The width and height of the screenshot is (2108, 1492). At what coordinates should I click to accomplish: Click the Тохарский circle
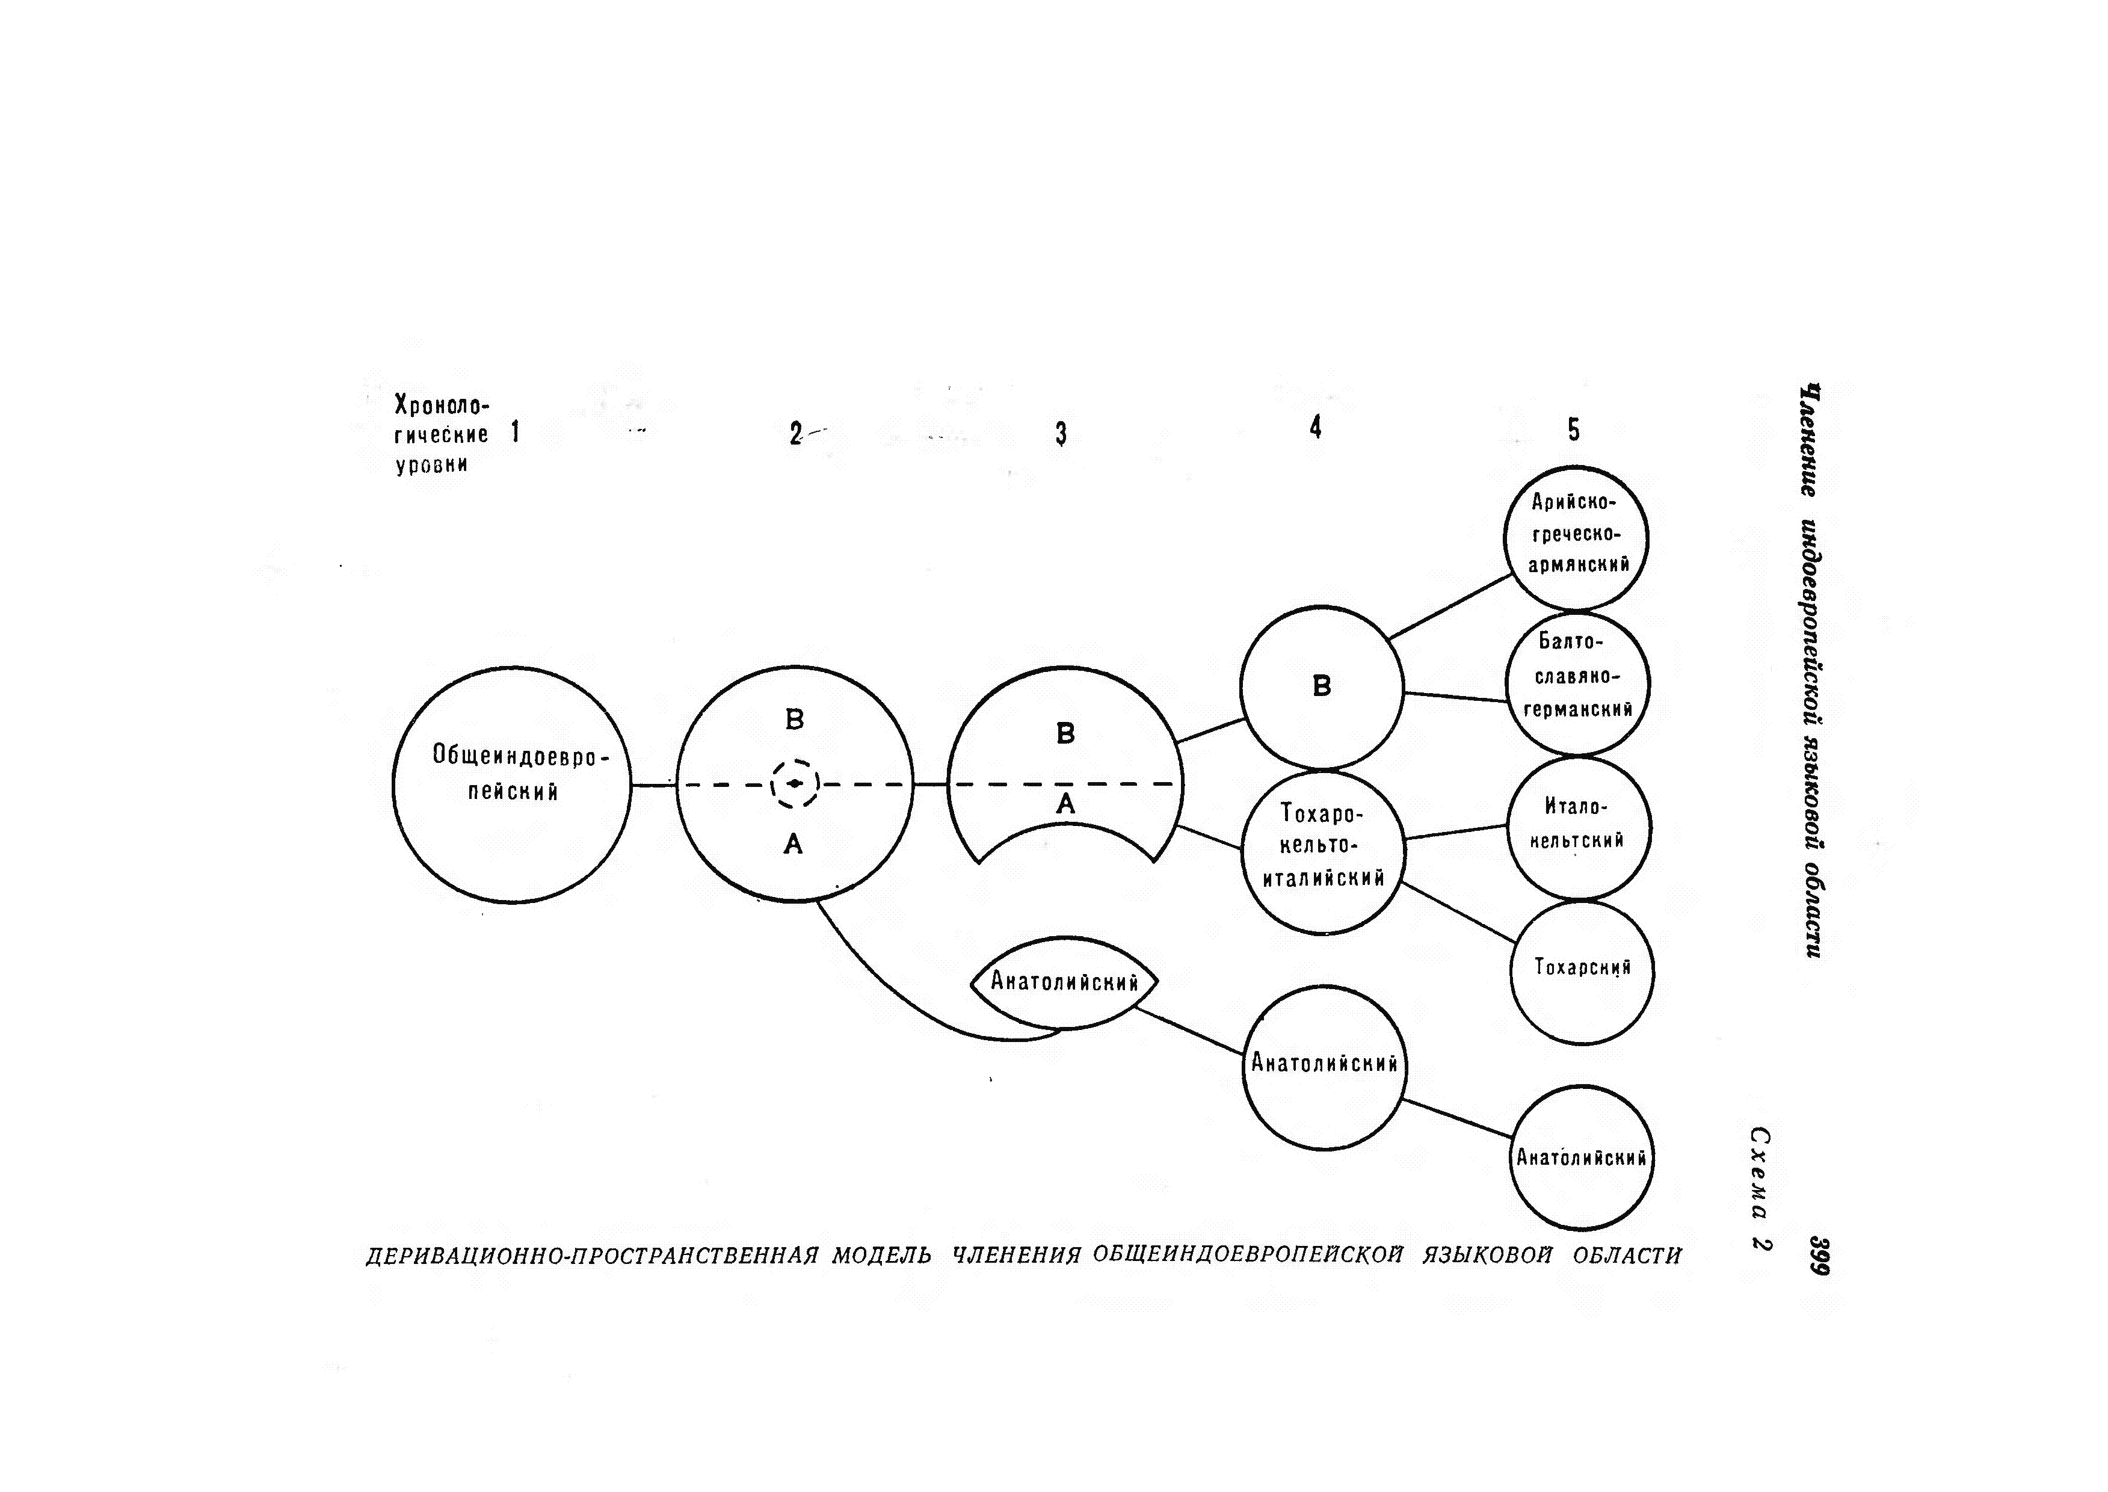tap(1582, 972)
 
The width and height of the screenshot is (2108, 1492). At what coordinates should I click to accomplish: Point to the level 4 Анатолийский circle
tap(1324, 1067)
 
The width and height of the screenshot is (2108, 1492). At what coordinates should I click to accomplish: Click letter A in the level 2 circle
tap(794, 843)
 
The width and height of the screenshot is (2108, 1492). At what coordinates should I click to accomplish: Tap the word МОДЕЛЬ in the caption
tap(882, 1255)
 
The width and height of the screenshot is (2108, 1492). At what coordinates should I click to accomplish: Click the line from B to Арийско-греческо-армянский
tap(1451, 606)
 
